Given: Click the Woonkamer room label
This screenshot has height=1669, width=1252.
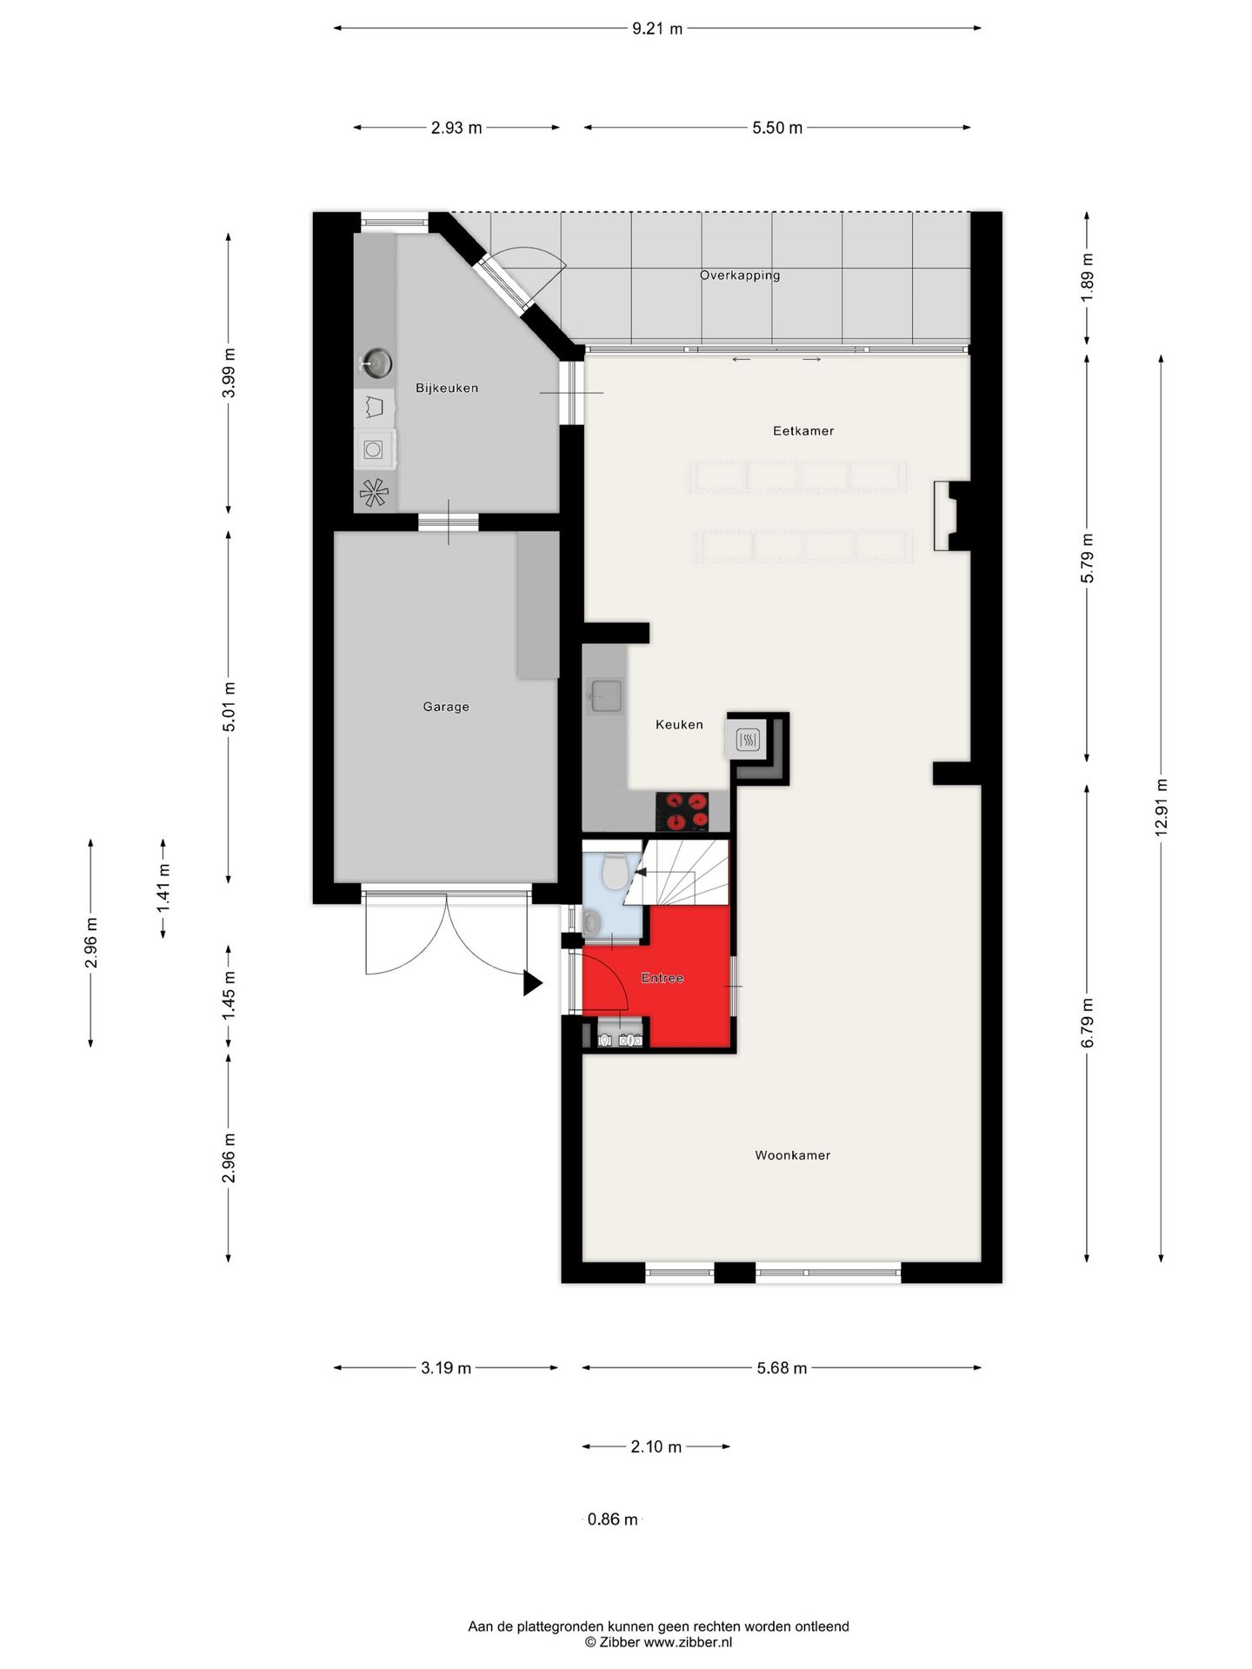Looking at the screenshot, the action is coord(792,1155).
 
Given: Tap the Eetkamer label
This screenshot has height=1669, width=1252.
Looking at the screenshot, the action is coord(803,430).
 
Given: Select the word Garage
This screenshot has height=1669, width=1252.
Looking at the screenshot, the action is coord(446,707).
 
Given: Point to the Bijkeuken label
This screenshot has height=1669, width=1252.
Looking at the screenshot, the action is coord(447,388).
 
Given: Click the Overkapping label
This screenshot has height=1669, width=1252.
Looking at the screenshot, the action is coord(740,276).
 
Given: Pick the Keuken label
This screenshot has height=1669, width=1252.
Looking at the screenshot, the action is coord(679,724).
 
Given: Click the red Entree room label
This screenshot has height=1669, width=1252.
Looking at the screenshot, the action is coord(663,978).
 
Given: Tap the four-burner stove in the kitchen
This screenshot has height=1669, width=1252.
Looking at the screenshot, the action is coord(682,811).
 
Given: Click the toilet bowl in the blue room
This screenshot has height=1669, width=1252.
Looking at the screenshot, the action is coord(616,872).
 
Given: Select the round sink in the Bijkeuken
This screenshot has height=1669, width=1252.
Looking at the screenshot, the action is coord(376,362).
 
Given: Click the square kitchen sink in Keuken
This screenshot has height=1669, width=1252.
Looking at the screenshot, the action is coord(604,695).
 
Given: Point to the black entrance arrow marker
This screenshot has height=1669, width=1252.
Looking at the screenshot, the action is coord(532,983).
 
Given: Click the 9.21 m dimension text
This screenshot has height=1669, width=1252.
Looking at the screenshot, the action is coord(657,29).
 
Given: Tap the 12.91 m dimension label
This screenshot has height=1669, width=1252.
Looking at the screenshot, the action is coord(1162,808).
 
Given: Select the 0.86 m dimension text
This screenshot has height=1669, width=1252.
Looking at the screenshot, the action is coord(613,1519).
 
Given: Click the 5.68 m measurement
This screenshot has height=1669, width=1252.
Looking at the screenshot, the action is coord(782,1368).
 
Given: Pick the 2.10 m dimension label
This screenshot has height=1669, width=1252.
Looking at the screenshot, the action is coord(656,1447).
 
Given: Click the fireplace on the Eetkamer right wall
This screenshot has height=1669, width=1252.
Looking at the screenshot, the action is coord(951,515).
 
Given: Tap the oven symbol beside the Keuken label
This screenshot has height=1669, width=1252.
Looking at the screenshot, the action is coord(749,740).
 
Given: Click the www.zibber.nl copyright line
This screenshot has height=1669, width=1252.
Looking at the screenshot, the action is coord(658,1642).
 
